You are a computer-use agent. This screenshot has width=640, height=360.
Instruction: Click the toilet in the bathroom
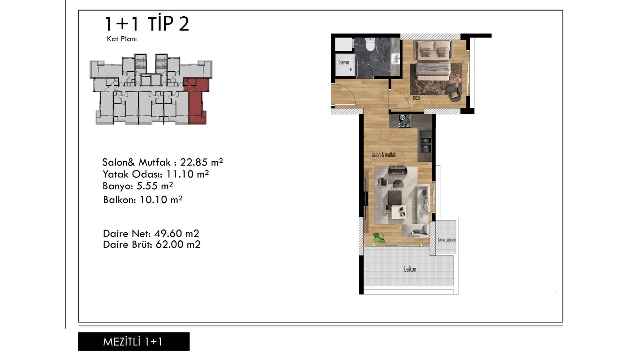pos(370,44)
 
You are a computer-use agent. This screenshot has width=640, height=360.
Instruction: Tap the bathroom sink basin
pos(395,59)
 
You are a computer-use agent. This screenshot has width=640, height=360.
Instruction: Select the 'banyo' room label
pos(344,62)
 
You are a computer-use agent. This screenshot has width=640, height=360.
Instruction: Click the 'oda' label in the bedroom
pos(416,98)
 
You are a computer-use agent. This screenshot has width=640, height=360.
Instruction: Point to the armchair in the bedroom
pos(453,92)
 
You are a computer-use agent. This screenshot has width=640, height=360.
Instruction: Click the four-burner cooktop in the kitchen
pos(404,121)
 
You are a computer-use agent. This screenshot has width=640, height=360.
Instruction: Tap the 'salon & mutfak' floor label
pos(384,155)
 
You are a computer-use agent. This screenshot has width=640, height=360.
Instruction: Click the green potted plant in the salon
pos(379,237)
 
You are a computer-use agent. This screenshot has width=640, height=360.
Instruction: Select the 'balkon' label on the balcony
pos(410,269)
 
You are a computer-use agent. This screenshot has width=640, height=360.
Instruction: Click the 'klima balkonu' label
pos(447,240)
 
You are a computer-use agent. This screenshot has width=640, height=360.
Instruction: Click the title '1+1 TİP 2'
pos(147,24)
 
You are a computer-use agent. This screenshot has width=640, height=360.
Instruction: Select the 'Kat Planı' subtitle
pos(122,39)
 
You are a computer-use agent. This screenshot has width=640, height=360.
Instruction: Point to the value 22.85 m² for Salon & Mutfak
pos(201,162)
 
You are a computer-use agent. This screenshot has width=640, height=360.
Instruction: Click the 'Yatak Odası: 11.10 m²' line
pos(156,174)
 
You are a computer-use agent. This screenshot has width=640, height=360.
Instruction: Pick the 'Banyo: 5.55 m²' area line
pos(138,186)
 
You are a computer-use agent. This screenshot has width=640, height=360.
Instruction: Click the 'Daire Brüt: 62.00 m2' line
pos(152,244)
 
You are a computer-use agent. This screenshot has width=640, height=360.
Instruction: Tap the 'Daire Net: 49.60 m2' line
pos(151,233)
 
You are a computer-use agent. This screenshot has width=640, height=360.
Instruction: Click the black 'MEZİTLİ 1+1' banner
pos(134,341)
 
